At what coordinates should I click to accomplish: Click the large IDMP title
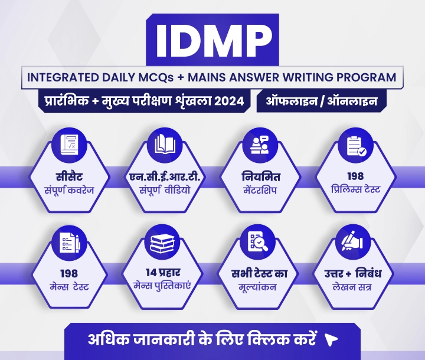tap(214, 40)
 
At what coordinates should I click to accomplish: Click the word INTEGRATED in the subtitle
tap(63, 77)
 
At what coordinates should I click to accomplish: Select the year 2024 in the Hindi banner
tap(229, 102)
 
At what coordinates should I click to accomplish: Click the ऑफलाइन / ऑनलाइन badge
tap(322, 102)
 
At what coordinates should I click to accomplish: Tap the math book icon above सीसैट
tap(69, 145)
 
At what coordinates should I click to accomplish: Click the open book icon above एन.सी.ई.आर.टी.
tap(165, 145)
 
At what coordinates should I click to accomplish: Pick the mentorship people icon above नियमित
tap(260, 145)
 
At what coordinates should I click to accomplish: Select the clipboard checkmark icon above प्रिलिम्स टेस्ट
tap(356, 146)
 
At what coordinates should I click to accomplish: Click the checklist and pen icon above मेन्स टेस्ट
tap(70, 243)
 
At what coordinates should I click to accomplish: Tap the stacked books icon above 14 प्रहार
tap(162, 243)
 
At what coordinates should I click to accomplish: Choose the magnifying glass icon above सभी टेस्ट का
tap(258, 242)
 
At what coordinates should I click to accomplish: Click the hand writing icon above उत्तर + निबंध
tap(352, 241)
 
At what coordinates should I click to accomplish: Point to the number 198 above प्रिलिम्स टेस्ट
tap(355, 176)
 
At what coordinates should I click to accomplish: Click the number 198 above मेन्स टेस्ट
tap(69, 274)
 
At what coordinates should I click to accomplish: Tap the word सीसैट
tap(69, 176)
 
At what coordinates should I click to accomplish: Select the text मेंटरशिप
tap(260, 190)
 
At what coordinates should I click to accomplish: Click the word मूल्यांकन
tap(257, 287)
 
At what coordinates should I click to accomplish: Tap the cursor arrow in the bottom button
tap(331, 339)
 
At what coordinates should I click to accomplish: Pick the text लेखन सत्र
tap(352, 287)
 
